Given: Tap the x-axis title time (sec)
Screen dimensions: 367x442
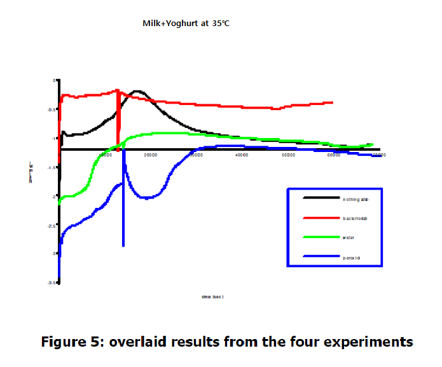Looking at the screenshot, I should point(212,296).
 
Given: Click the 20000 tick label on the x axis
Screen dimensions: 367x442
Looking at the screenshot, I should point(151,155).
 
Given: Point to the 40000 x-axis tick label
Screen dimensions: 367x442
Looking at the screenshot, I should point(242,155).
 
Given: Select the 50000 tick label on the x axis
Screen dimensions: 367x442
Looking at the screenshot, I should point(288,155).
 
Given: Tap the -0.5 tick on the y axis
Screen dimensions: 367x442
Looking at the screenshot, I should point(52,109).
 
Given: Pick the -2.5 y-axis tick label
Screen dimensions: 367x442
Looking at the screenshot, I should point(52,225).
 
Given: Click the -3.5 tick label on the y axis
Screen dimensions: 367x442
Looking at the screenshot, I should point(52,282).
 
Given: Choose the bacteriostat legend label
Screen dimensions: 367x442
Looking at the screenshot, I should point(356,218).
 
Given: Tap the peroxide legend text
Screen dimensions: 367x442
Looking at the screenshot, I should point(353,258).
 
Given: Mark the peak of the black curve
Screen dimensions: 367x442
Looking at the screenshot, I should point(139,92).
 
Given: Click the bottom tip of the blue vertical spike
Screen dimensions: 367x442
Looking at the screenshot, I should point(123,246).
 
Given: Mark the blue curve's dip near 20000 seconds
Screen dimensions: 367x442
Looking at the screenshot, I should point(146,198).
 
